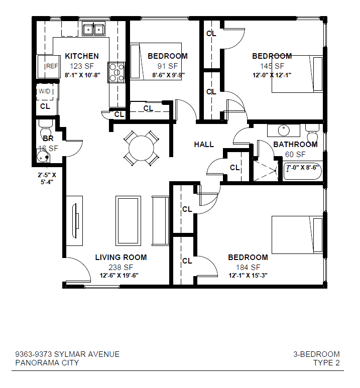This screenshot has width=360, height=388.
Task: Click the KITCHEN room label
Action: coord(82,56)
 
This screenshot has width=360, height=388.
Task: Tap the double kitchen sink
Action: coord(93,30)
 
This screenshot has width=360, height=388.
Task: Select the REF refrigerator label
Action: coord(52,66)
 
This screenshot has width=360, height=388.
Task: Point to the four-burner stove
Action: coord(116,72)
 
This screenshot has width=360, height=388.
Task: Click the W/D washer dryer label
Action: coord(45,91)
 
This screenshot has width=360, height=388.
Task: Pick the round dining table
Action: coord(142,148)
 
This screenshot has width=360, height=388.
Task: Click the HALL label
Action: coord(204,145)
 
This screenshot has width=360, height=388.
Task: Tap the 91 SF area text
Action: coord(168,66)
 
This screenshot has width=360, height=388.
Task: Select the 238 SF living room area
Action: coord(121,268)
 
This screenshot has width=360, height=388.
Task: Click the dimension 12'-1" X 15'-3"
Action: coord(248,276)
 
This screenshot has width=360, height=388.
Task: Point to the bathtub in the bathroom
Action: coord(303,171)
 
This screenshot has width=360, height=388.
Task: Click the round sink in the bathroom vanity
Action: coord(284,131)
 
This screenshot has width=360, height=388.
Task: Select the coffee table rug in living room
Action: coord(128,221)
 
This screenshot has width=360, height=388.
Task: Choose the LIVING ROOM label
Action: coord(121,257)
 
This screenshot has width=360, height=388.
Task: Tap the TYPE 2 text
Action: coord(326,363)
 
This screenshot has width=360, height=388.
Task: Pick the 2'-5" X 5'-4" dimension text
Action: coord(47,178)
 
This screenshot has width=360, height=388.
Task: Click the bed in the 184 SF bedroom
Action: coord(297,235)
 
